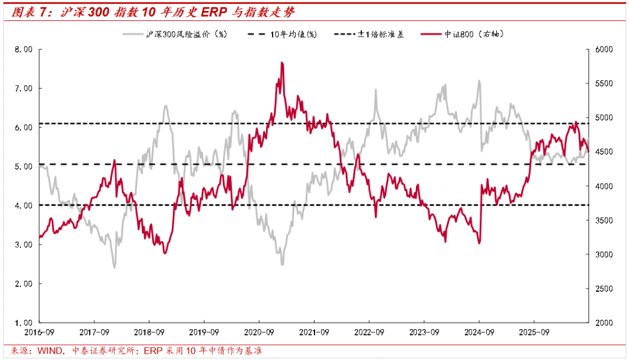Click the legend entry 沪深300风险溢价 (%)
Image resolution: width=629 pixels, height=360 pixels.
pyautogui.click(x=175, y=34)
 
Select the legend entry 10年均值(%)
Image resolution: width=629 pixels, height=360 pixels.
pyautogui.click(x=282, y=34)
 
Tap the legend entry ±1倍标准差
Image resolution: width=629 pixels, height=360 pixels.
pyautogui.click(x=369, y=34)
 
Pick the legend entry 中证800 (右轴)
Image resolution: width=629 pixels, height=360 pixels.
pyautogui.click(x=462, y=34)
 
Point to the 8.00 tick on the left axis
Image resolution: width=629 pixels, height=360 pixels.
pyautogui.click(x=24, y=50)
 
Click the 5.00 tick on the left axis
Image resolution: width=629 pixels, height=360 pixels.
pyautogui.click(x=24, y=167)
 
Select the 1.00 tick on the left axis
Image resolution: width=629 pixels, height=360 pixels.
pyautogui.click(x=24, y=323)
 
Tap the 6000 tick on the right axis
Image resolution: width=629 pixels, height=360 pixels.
pyautogui.click(x=604, y=50)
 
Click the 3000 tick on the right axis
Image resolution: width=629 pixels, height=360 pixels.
pyautogui.click(x=604, y=255)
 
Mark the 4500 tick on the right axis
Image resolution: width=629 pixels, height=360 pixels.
pyautogui.click(x=604, y=151)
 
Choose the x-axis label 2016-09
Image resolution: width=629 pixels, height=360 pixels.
pyautogui.click(x=40, y=332)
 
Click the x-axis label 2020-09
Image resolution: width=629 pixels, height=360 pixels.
pyautogui.click(x=259, y=332)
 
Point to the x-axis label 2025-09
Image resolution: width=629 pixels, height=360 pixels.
pyautogui.click(x=534, y=332)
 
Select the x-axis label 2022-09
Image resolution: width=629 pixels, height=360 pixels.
pyautogui.click(x=369, y=332)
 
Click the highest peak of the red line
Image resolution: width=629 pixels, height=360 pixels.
pyautogui.click(x=282, y=62)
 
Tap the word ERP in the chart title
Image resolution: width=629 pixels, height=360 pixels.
pyautogui.click(x=214, y=12)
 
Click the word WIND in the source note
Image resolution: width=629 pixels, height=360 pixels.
pyautogui.click(x=50, y=351)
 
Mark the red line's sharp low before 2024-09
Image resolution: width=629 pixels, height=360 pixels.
pyautogui.click(x=479, y=243)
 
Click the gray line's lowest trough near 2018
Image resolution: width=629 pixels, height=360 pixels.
pyautogui.click(x=114, y=267)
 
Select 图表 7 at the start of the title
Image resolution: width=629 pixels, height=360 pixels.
pyautogui.click(x=29, y=12)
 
